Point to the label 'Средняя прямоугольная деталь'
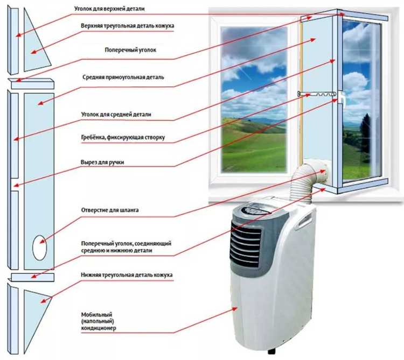[x=123, y=77]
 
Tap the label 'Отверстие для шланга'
[x=108, y=210]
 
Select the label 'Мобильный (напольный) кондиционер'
[x=100, y=321]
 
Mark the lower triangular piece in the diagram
[x=36, y=304]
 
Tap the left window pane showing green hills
[x=254, y=100]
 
